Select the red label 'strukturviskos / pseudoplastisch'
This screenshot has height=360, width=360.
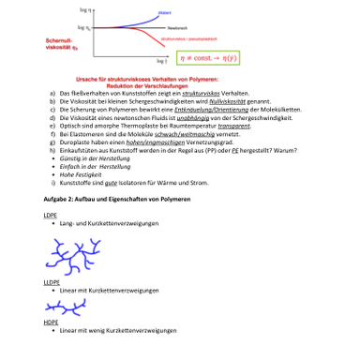tap(180, 40)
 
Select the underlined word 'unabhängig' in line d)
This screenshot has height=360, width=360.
tap(202, 118)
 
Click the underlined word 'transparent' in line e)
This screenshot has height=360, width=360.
tap(222, 126)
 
